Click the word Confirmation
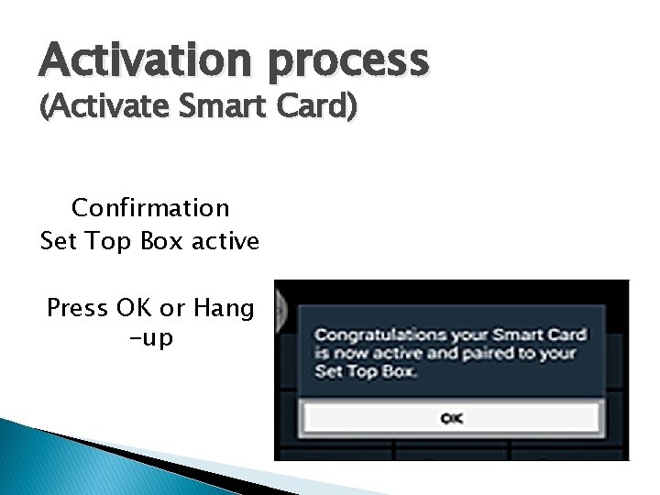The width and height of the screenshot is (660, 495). (x=150, y=208)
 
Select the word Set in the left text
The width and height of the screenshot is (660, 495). (x=57, y=242)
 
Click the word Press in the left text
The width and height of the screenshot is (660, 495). (x=77, y=308)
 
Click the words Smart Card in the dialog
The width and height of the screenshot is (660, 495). (x=536, y=335)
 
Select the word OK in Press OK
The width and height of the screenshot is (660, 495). (x=136, y=308)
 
